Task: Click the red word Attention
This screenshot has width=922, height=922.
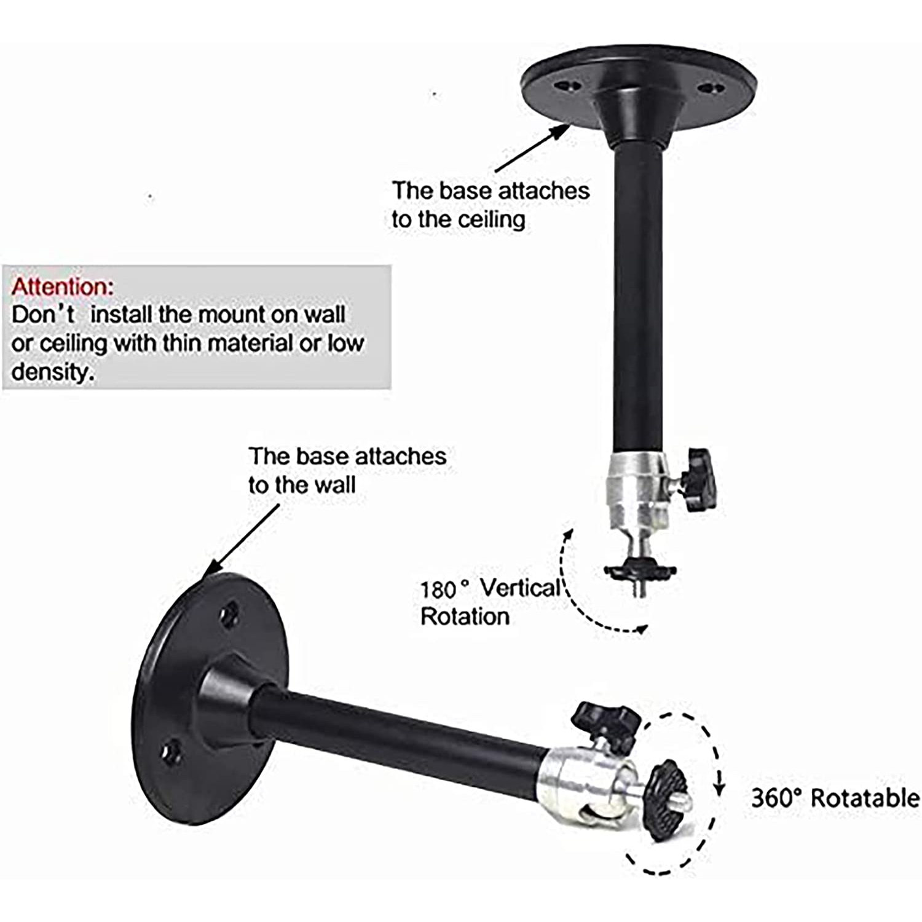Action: [x=61, y=287]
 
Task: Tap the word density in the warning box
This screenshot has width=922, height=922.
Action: [x=52, y=371]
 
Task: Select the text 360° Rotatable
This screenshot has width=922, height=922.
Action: [x=835, y=798]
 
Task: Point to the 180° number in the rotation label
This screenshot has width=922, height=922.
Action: [x=439, y=589]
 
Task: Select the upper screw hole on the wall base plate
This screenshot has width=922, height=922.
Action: [x=230, y=614]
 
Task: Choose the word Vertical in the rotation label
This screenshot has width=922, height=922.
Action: [x=519, y=588]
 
